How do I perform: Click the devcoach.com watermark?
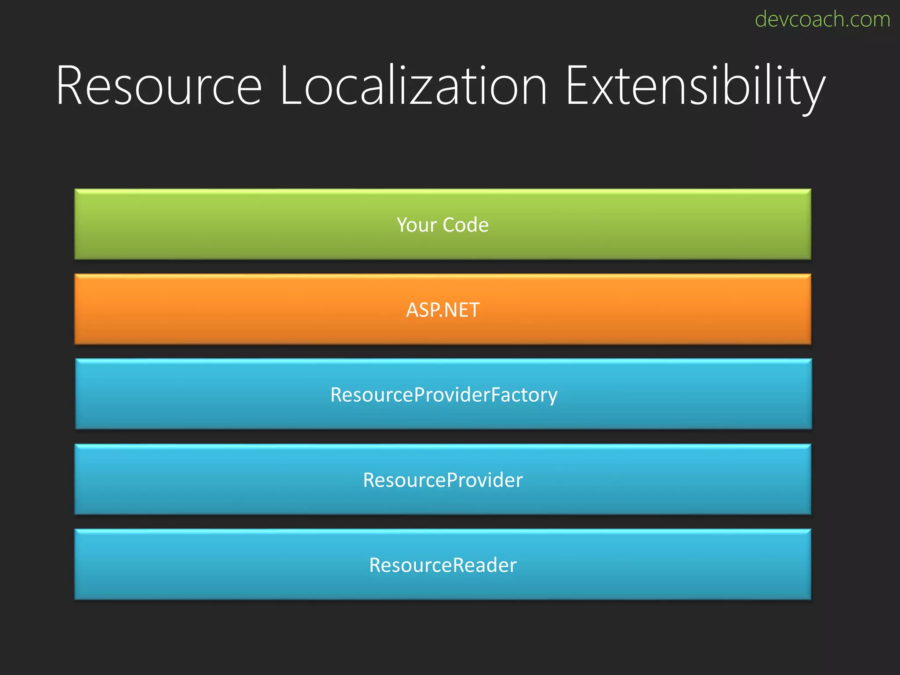point(822,19)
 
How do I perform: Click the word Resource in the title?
point(159,85)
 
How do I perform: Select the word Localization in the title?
point(414,85)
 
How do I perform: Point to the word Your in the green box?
point(417,225)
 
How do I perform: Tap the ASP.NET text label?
point(443,310)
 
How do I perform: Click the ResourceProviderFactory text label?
point(444,395)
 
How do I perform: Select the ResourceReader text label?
point(443,565)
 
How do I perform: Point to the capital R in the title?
point(72,85)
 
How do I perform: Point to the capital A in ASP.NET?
point(412,310)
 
